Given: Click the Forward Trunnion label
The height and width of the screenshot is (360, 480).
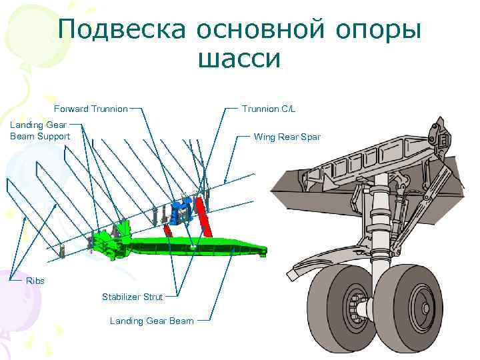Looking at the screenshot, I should point(91,109).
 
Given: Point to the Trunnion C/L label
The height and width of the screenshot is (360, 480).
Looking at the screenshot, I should point(268,109).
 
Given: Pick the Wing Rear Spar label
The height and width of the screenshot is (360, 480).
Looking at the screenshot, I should point(287,137).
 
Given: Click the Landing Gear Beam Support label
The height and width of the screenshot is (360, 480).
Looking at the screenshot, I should point(40,130).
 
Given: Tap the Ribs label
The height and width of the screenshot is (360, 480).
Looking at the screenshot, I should point(35,281).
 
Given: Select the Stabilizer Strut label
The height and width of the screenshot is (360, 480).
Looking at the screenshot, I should point(131,296).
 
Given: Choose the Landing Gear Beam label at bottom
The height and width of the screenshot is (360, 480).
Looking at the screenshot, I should point(151,321).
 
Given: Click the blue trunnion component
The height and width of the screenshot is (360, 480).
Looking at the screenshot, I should point(179,211).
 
